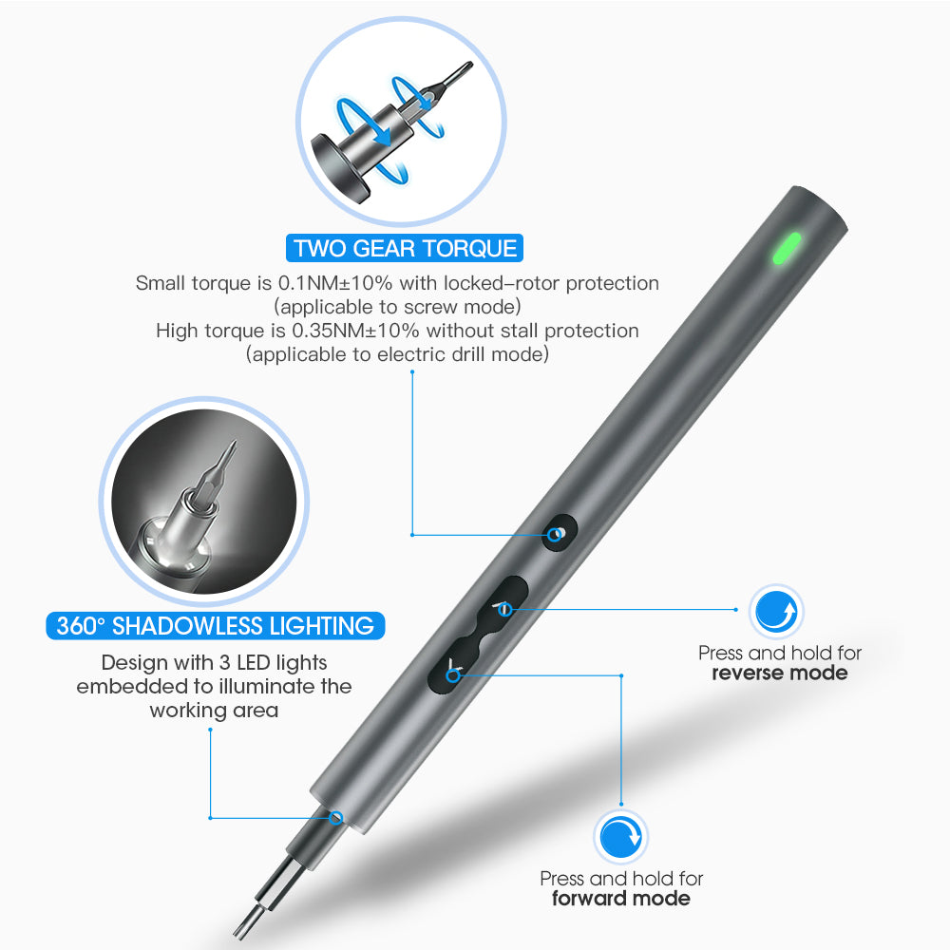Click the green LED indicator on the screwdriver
coord(787,248)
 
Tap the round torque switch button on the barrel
coord(558,533)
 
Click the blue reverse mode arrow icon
coord(776,612)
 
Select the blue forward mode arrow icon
coord(620,837)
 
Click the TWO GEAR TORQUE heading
coord(404,248)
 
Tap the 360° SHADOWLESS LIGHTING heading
coord(215,626)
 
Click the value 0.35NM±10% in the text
coord(355,331)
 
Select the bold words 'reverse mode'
coord(779,673)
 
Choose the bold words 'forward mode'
coord(620,898)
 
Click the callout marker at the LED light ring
coord(335,818)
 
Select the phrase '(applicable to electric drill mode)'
coord(397,354)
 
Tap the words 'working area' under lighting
coord(214,710)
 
